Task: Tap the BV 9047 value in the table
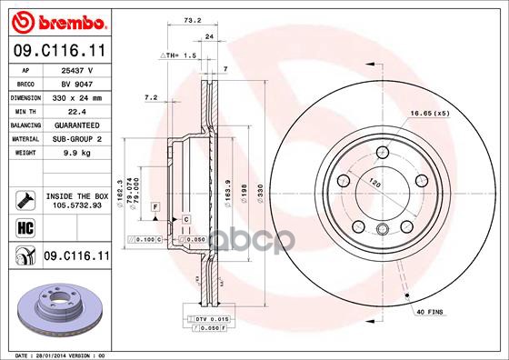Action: (73, 82)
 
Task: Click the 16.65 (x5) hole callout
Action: (430, 113)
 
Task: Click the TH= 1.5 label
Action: (178, 55)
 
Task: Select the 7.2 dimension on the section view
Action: (151, 97)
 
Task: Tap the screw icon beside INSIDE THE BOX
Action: (24, 198)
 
